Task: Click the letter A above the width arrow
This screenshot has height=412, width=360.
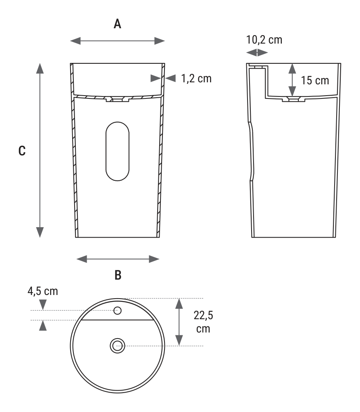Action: (117, 24)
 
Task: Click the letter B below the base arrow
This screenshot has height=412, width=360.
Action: (118, 275)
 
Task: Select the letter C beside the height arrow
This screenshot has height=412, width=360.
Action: (22, 151)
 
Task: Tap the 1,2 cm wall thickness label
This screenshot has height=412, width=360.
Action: (196, 79)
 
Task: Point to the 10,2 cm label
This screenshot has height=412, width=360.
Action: (264, 40)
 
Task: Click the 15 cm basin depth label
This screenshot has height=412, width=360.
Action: (315, 80)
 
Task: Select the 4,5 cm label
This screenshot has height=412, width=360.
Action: (43, 291)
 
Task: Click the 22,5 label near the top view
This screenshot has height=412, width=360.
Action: (204, 315)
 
